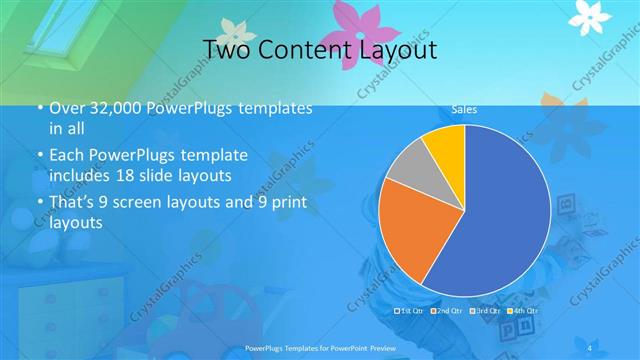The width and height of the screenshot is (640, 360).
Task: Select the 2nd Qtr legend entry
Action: coord(447,312)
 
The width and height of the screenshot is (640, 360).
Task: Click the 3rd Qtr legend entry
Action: coord(484,312)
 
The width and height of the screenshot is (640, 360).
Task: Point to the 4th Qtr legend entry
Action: coord(520,312)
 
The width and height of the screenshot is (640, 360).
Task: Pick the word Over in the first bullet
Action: coord(67,109)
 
